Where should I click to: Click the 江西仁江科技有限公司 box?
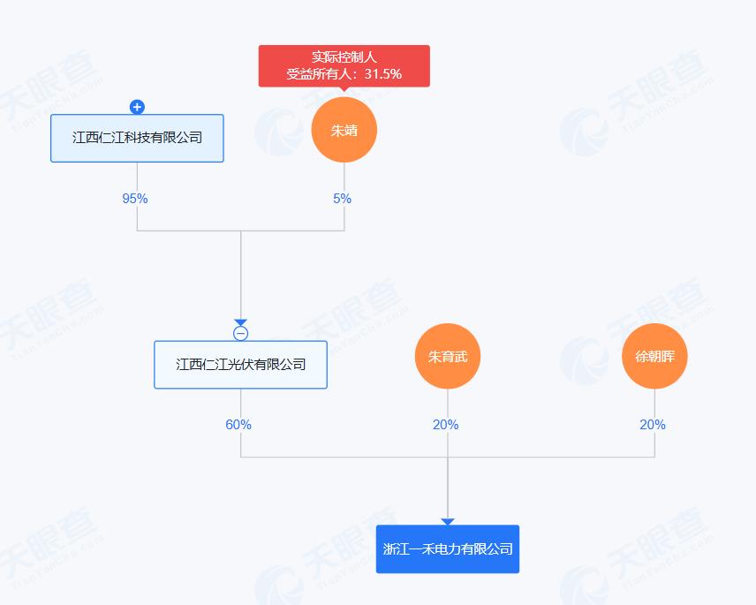[137, 138]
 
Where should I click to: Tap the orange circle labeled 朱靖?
[344, 130]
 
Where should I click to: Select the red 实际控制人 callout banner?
[344, 66]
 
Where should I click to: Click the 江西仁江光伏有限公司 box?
[240, 364]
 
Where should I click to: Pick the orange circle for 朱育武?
[447, 358]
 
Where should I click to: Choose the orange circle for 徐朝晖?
[654, 358]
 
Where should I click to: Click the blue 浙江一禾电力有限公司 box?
[448, 548]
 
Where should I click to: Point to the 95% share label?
[135, 199]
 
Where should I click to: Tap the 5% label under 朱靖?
[342, 199]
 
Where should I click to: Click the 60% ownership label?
[238, 425]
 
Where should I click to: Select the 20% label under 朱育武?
[445, 425]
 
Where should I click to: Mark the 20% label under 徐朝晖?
[653, 425]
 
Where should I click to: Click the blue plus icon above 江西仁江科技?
[137, 107]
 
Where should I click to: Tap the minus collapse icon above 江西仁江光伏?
[240, 333]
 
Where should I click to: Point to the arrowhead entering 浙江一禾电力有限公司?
[448, 522]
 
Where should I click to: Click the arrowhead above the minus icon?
[240, 322]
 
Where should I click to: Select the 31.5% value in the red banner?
[383, 74]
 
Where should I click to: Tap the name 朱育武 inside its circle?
[447, 358]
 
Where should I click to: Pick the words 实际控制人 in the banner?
[344, 57]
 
